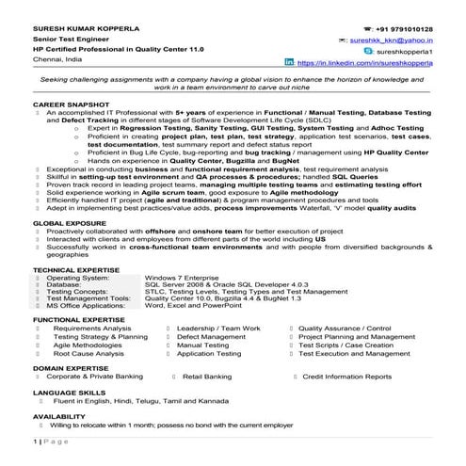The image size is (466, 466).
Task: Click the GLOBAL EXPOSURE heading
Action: tap(68, 249)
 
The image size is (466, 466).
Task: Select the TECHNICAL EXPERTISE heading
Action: tap(75, 294)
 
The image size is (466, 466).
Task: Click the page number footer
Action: tap(52, 462)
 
